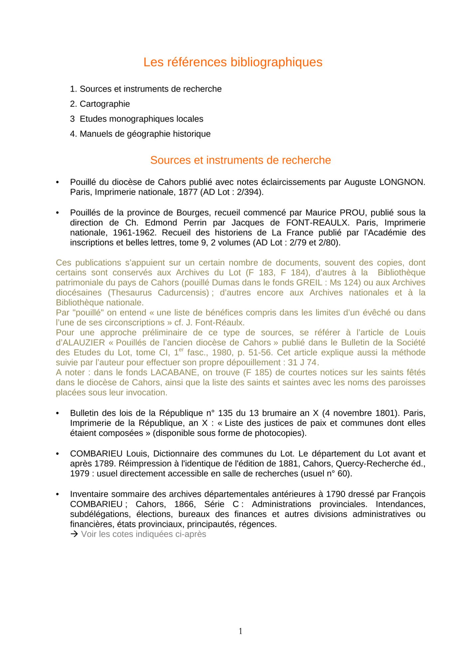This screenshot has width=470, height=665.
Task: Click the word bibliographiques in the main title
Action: [276, 62]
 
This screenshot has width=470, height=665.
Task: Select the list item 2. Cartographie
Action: [100, 104]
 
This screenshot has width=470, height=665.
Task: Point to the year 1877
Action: [189, 192]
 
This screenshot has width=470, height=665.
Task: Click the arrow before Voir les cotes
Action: [75, 534]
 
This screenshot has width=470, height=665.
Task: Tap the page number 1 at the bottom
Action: [240, 631]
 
